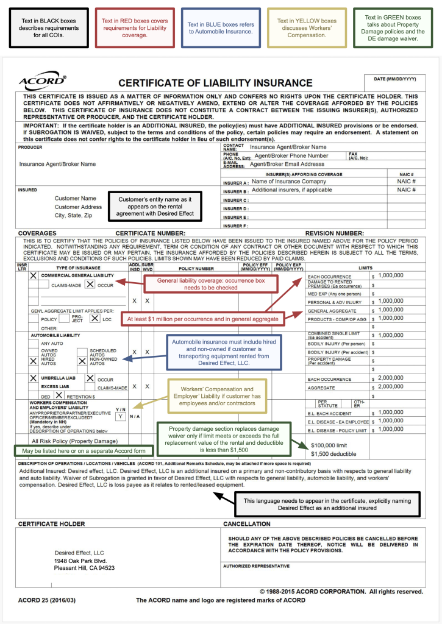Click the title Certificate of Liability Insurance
pos(215,83)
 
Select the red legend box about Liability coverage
pos(133,28)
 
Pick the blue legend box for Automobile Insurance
pos(221,28)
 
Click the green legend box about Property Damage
pos(394,28)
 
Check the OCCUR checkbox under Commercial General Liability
pos(90,284)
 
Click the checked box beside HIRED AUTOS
pos(34,361)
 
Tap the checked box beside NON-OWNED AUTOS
pos(82,361)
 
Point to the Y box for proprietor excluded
pos(121,416)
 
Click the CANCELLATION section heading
pos(246,523)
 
